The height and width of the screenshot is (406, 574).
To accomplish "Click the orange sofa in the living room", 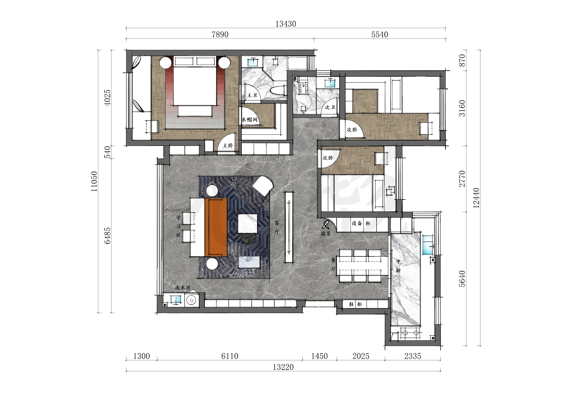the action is tap(216, 227).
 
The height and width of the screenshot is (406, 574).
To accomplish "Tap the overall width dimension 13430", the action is tap(286, 24).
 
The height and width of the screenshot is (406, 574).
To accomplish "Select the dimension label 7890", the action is tap(220, 34).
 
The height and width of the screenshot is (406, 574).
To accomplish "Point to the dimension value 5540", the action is tap(379, 34).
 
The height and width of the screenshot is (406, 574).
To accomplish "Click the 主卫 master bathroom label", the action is tap(252, 95).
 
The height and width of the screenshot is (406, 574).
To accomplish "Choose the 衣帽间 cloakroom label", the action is tap(249, 119).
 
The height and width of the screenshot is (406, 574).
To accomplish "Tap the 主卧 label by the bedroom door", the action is tap(228, 146).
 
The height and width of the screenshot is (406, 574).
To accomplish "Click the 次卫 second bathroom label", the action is tap(330, 107).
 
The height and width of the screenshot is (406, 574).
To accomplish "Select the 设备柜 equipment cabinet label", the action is tap(361, 223).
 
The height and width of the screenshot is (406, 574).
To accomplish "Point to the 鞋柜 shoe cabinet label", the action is tap(356, 304).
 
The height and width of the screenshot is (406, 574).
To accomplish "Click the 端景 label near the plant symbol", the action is tap(326, 234).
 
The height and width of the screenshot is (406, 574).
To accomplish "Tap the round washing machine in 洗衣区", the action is tap(191, 300).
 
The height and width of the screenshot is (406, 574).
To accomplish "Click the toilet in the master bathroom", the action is tap(278, 90).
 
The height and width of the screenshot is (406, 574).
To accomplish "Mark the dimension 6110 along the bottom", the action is tap(230, 356).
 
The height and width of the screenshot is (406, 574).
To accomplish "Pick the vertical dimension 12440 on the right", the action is tap(476, 198).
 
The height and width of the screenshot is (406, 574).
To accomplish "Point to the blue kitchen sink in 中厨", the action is tap(428, 245).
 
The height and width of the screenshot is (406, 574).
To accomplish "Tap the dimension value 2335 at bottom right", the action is tap(413, 356).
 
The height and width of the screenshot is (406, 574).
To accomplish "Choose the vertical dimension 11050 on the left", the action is tap(94, 181).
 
